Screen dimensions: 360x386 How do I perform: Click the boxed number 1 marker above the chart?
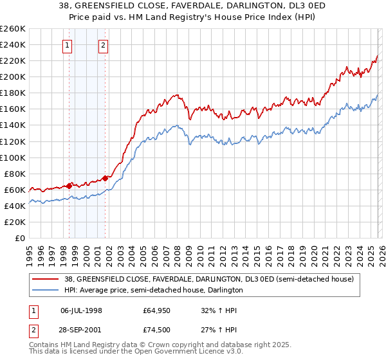tap(68, 45)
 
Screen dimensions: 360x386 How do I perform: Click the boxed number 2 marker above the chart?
tap(103, 45)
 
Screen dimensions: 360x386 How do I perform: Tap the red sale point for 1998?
tap(69, 185)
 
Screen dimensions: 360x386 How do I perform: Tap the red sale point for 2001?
tap(106, 177)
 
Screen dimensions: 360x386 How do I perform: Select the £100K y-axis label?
tap(13, 157)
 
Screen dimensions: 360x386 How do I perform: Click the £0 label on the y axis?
tap(19, 238)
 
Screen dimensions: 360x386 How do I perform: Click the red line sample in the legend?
tap(45, 280)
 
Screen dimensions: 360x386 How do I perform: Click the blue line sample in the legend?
tap(45, 291)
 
